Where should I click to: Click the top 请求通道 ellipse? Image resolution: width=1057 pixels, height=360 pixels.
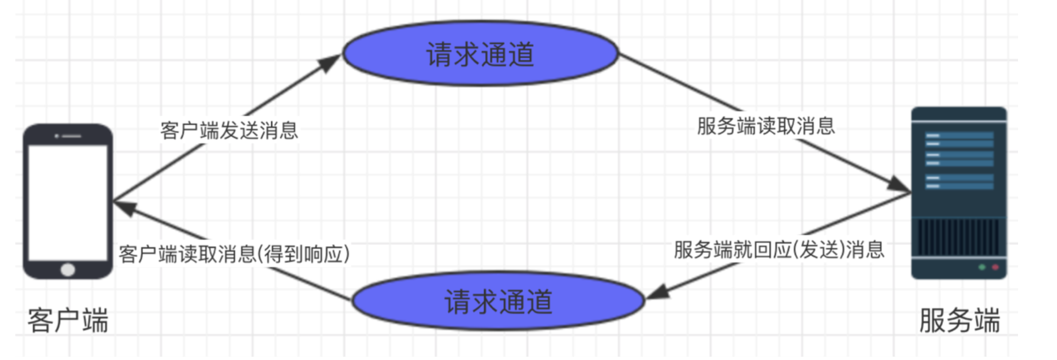click(481, 53)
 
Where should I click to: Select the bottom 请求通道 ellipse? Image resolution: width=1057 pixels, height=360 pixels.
click(498, 300)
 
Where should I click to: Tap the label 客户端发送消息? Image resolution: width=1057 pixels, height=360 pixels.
click(229, 131)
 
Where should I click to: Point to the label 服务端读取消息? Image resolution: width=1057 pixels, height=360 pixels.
click(766, 126)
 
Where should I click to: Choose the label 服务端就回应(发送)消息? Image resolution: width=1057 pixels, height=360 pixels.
click(779, 250)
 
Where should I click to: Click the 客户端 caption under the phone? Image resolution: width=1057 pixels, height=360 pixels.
click(68, 320)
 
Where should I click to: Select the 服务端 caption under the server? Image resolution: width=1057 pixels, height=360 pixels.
click(959, 320)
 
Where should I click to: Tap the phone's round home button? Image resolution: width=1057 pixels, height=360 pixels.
click(68, 269)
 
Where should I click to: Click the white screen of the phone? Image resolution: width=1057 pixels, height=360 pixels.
click(68, 202)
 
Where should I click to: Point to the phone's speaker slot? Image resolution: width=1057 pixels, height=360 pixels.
click(71, 136)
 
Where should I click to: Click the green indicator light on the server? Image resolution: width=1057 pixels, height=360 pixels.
click(982, 267)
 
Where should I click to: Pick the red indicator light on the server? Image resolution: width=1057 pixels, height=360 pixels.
click(995, 267)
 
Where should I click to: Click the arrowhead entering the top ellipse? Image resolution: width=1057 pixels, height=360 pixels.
click(330, 63)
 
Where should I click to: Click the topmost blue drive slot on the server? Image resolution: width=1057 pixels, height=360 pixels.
click(959, 136)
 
